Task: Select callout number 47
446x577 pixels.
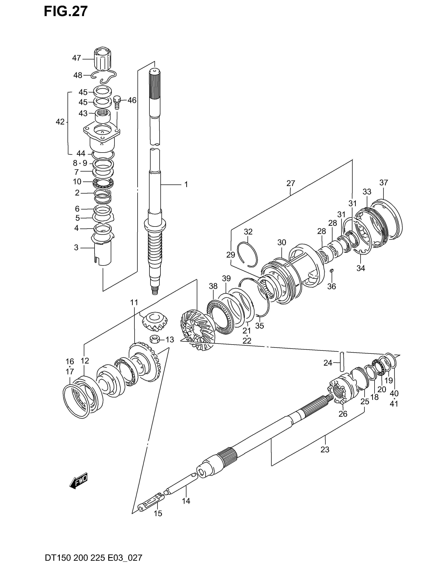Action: pos(76,58)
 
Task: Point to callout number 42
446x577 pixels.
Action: pos(60,122)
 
